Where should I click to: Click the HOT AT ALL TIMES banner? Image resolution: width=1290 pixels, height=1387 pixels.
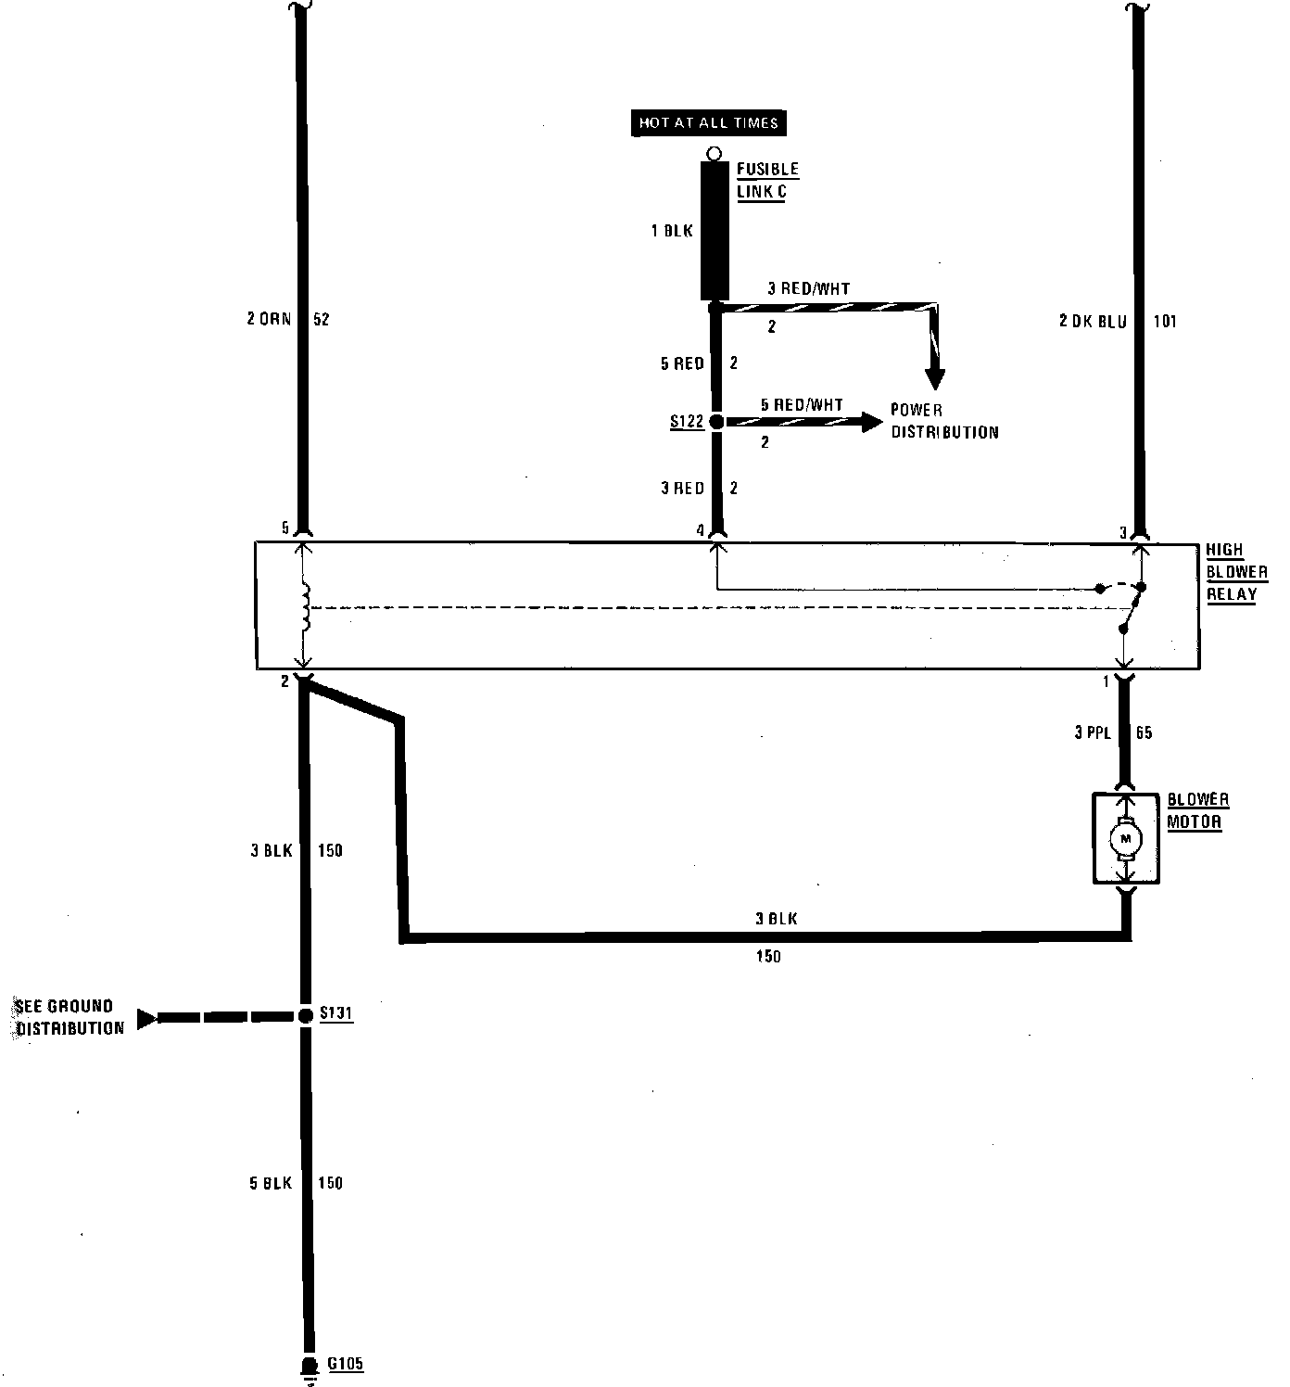(709, 122)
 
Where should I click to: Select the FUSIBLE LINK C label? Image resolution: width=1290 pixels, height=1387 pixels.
(767, 181)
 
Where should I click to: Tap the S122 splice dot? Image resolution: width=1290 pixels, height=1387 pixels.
(715, 422)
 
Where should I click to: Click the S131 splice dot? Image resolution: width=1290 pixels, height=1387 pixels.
(305, 1015)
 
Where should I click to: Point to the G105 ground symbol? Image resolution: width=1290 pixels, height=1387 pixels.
(308, 1367)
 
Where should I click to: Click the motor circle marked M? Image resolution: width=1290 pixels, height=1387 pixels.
(1126, 839)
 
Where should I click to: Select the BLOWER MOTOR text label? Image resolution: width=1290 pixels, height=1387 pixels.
(1197, 810)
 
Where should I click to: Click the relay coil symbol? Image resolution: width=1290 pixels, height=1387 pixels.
(305, 606)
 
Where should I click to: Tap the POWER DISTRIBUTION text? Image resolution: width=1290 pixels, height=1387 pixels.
(944, 421)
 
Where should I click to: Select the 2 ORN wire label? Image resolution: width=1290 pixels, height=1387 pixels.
(270, 320)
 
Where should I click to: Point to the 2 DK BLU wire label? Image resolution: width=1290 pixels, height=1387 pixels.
(1093, 322)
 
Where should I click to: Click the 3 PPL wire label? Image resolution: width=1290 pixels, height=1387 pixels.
(1093, 732)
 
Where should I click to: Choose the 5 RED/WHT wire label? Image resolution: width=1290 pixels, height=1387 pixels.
(802, 404)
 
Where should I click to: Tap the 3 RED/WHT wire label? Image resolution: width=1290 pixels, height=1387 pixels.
(808, 288)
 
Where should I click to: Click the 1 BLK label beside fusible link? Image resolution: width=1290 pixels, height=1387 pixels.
(672, 231)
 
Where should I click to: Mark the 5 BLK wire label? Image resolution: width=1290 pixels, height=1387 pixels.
(271, 1183)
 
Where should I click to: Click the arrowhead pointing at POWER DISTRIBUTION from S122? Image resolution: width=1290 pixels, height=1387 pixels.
(871, 422)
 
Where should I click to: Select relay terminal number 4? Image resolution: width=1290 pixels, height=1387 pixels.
(702, 531)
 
